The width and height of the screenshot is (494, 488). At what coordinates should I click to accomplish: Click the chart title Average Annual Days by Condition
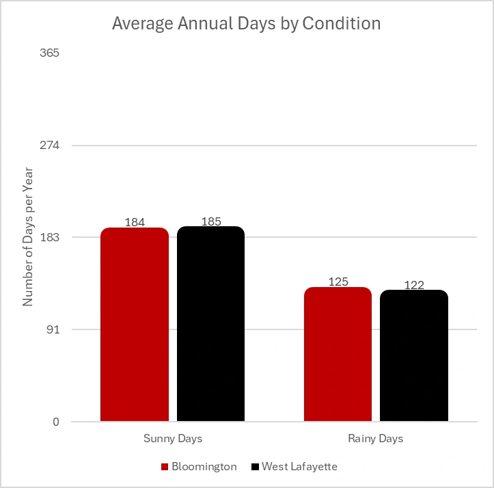(246, 23)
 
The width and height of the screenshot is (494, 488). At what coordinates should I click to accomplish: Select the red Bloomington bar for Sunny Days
(135, 325)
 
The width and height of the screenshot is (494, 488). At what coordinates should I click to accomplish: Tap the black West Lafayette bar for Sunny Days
(210, 324)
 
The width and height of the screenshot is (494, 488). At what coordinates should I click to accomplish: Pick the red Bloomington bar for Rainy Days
(338, 354)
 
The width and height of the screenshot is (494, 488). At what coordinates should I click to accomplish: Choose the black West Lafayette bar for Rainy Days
(413, 355)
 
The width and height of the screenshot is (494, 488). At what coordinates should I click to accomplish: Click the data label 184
(135, 222)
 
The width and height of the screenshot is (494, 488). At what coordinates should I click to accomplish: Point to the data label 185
(211, 221)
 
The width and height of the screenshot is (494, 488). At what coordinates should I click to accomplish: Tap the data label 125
(338, 282)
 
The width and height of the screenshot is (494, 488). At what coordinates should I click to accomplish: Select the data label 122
(414, 285)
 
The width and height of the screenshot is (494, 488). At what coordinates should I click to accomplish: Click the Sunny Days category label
(172, 438)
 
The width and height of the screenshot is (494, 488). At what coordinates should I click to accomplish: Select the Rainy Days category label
(376, 438)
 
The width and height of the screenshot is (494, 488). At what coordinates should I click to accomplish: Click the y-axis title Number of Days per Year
(28, 238)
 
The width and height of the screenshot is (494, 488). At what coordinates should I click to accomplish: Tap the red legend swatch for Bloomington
(165, 467)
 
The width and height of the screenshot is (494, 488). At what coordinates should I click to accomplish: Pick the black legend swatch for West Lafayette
(255, 467)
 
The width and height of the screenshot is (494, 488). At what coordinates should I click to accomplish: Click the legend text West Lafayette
(299, 467)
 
